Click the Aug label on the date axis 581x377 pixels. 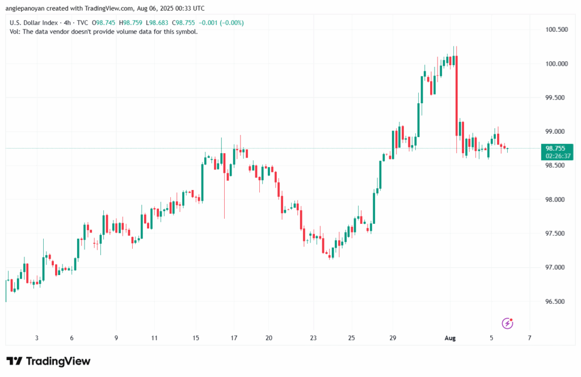[450, 338]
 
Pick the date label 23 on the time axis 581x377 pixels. [314, 338]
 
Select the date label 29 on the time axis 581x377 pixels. [393, 338]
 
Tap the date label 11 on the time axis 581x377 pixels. [154, 338]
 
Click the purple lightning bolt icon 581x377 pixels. [508, 323]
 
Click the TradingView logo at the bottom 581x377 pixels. [48, 361]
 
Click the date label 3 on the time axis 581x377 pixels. [37, 338]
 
